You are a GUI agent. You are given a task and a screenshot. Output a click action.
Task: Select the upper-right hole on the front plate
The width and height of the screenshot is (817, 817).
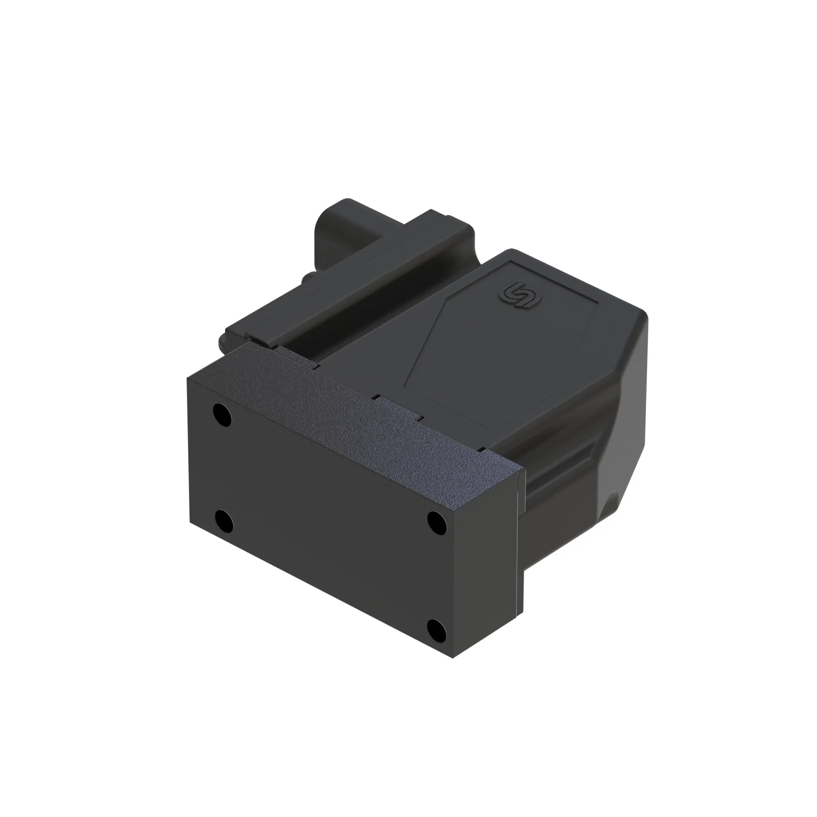[x=437, y=523]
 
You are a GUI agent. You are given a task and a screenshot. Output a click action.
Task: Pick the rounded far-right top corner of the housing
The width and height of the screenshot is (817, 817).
[x=641, y=315]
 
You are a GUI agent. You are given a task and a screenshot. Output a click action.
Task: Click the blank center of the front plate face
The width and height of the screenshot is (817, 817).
[x=330, y=525]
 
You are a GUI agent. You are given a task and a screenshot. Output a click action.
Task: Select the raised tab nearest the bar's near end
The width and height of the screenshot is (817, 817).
[x=296, y=355]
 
